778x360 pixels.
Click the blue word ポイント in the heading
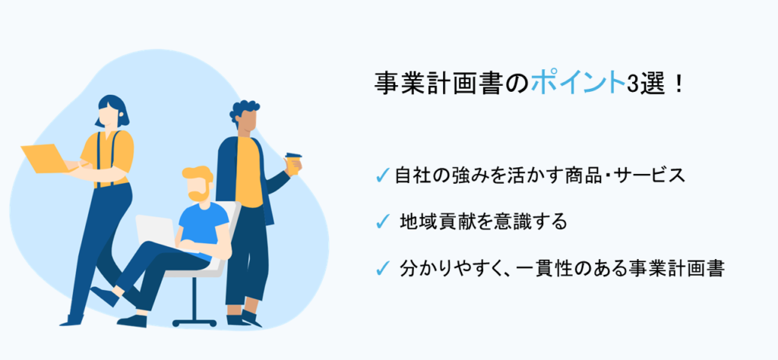pos(575,83)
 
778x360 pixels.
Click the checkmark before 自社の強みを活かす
pos(384,175)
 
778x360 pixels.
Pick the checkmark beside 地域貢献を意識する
pos(384,222)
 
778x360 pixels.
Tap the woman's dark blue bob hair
pos(111,110)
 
